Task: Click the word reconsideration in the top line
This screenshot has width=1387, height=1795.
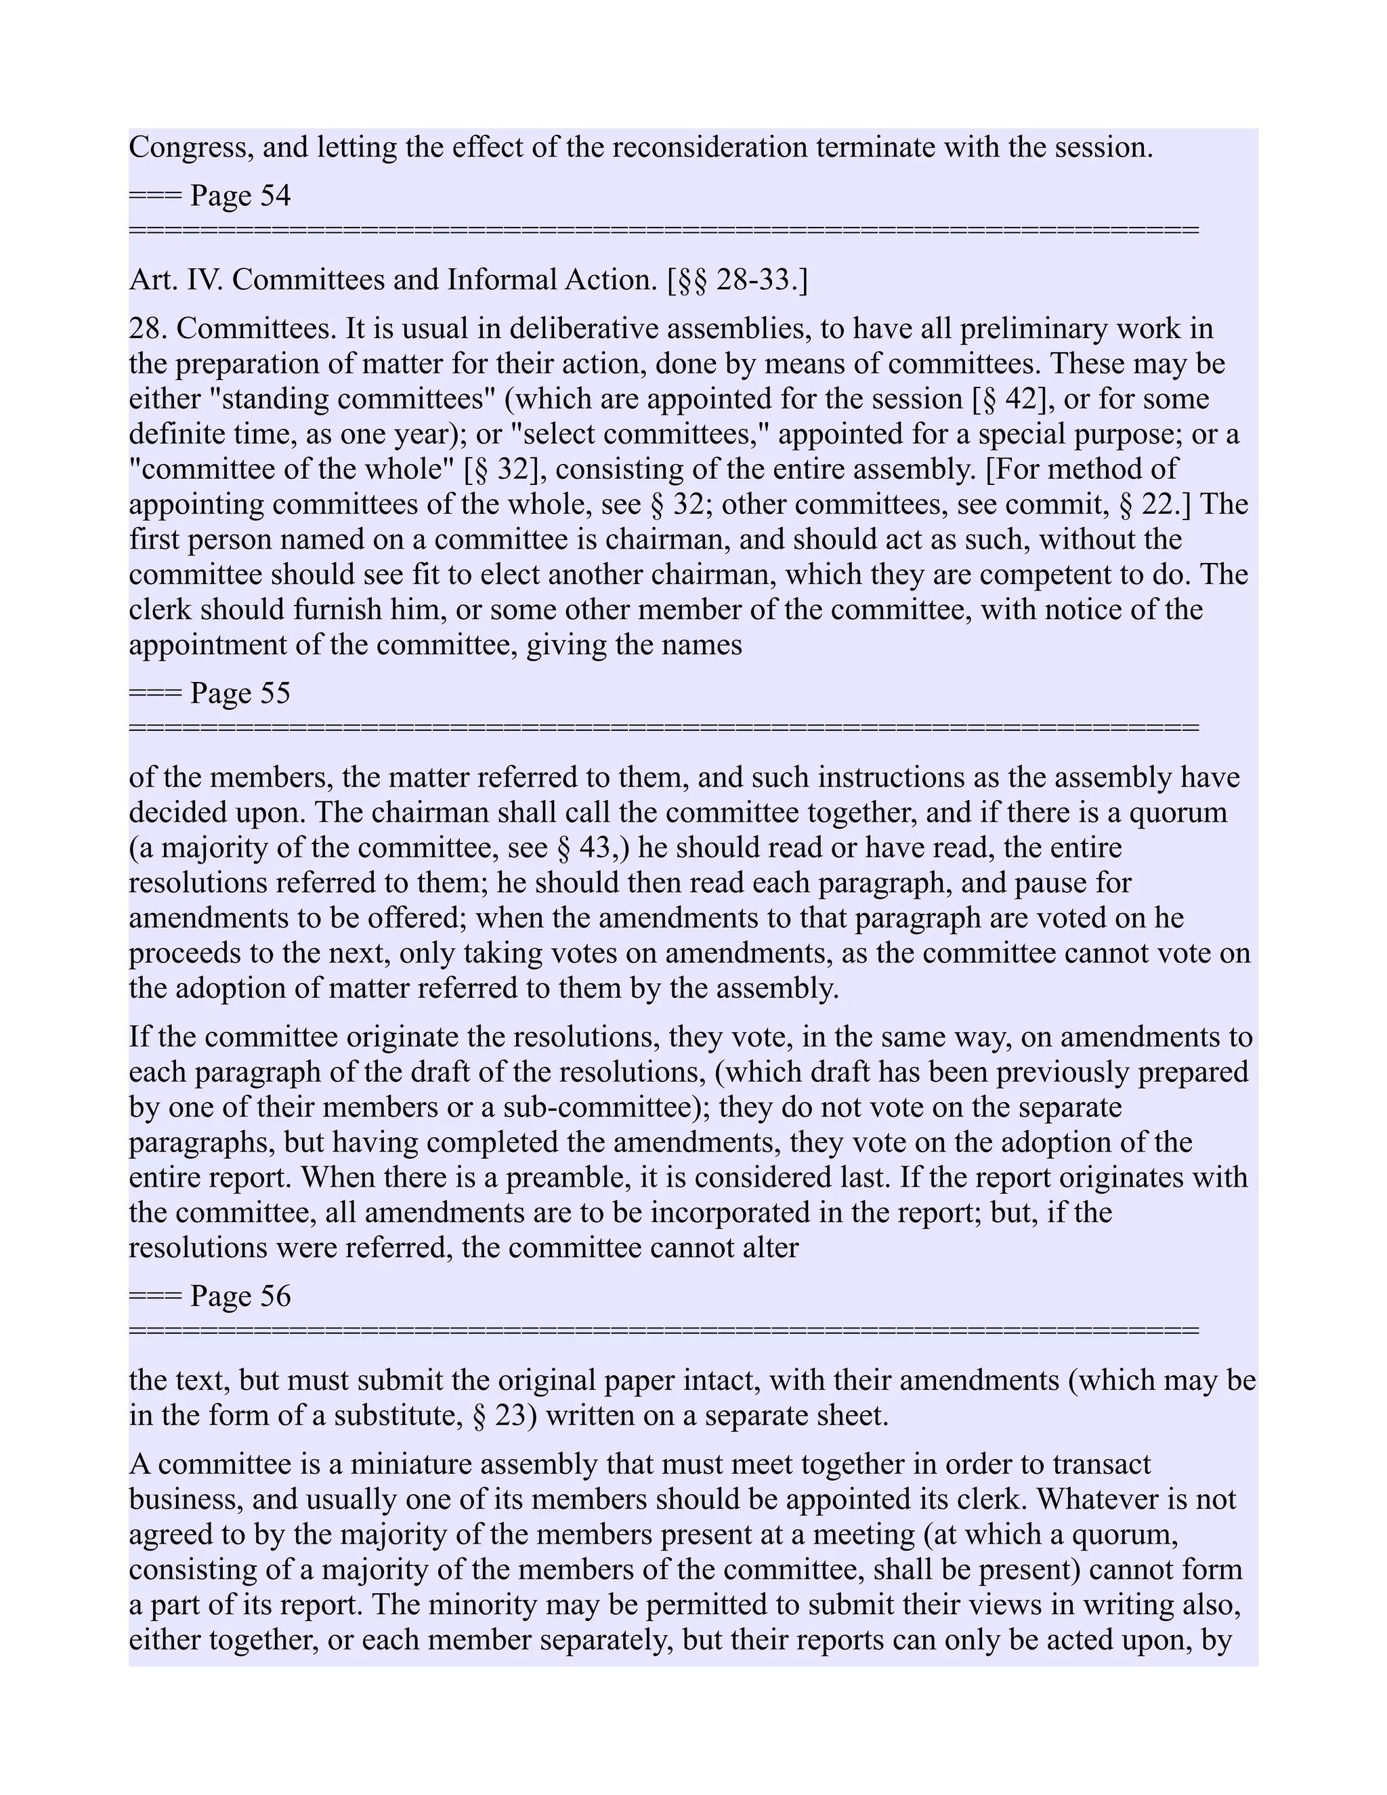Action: point(710,148)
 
